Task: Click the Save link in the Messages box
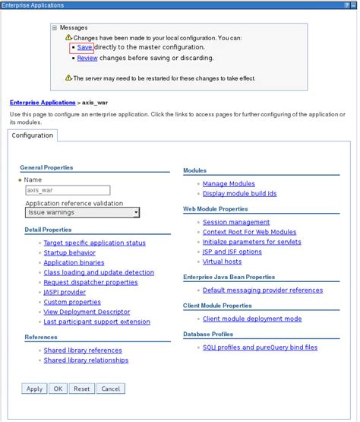point(84,47)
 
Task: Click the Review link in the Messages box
point(87,58)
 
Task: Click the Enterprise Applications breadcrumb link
point(42,102)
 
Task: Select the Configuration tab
point(32,135)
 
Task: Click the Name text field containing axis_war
point(68,191)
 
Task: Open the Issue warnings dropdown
point(83,213)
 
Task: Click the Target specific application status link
point(94,243)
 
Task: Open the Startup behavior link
point(69,252)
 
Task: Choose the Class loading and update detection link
point(99,272)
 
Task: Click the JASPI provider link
point(65,292)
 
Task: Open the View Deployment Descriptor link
point(87,312)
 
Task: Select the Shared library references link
point(83,351)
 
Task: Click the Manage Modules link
point(229,183)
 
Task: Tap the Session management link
point(236,222)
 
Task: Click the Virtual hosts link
point(222,262)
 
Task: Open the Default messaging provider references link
point(262,290)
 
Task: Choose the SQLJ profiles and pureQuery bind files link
point(260,347)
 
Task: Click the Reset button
point(81,389)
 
